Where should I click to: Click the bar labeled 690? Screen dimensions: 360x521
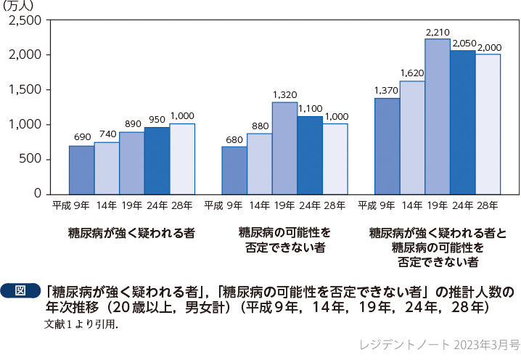(81, 170)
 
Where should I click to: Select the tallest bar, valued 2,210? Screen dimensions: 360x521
(437, 116)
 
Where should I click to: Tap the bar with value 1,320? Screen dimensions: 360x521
(284, 148)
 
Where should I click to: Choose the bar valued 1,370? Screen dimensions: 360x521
(387, 146)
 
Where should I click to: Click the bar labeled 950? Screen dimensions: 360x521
(157, 160)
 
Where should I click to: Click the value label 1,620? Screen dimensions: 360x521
(412, 74)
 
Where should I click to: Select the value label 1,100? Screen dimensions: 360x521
(310, 109)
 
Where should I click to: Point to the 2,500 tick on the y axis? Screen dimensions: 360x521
(25, 20)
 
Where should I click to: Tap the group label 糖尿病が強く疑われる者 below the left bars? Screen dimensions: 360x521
(131, 233)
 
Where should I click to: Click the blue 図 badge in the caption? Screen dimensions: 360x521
(20, 291)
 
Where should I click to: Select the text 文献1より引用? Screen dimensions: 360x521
(81, 324)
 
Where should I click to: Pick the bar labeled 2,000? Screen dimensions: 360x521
(488, 124)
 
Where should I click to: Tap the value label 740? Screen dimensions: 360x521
(107, 135)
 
